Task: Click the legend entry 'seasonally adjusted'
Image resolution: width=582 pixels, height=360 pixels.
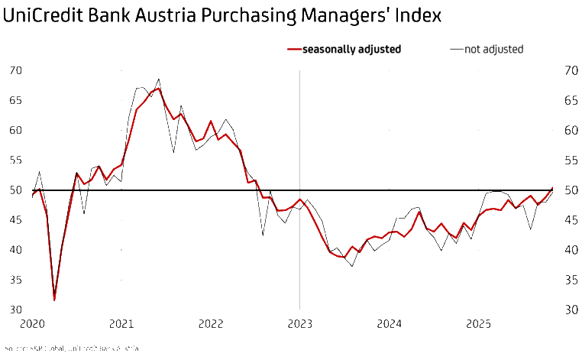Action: pyautogui.click(x=351, y=50)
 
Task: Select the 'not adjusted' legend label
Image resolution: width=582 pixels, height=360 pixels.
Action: pyautogui.click(x=493, y=50)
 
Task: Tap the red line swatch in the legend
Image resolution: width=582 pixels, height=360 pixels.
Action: pyautogui.click(x=293, y=50)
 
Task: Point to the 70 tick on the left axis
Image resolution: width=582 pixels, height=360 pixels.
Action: pyautogui.click(x=16, y=70)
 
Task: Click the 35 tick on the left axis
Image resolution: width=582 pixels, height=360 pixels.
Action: pyautogui.click(x=16, y=281)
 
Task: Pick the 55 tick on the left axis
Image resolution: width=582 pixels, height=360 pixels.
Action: pyautogui.click(x=16, y=161)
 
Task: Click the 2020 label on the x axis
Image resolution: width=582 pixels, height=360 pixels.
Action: pyautogui.click(x=32, y=323)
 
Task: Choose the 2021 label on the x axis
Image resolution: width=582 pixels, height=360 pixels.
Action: pyautogui.click(x=121, y=323)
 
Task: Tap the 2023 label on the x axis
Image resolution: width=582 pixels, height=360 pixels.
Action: pyautogui.click(x=299, y=323)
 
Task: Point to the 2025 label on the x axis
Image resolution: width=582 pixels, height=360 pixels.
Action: pyautogui.click(x=478, y=323)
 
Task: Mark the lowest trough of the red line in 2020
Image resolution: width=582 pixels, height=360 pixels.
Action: pyautogui.click(x=54, y=300)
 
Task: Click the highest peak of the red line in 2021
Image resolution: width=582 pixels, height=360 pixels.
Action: pyautogui.click(x=159, y=89)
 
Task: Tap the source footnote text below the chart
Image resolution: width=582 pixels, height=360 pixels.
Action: pyautogui.click(x=72, y=349)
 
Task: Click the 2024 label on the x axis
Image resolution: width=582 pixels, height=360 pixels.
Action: pyautogui.click(x=389, y=323)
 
